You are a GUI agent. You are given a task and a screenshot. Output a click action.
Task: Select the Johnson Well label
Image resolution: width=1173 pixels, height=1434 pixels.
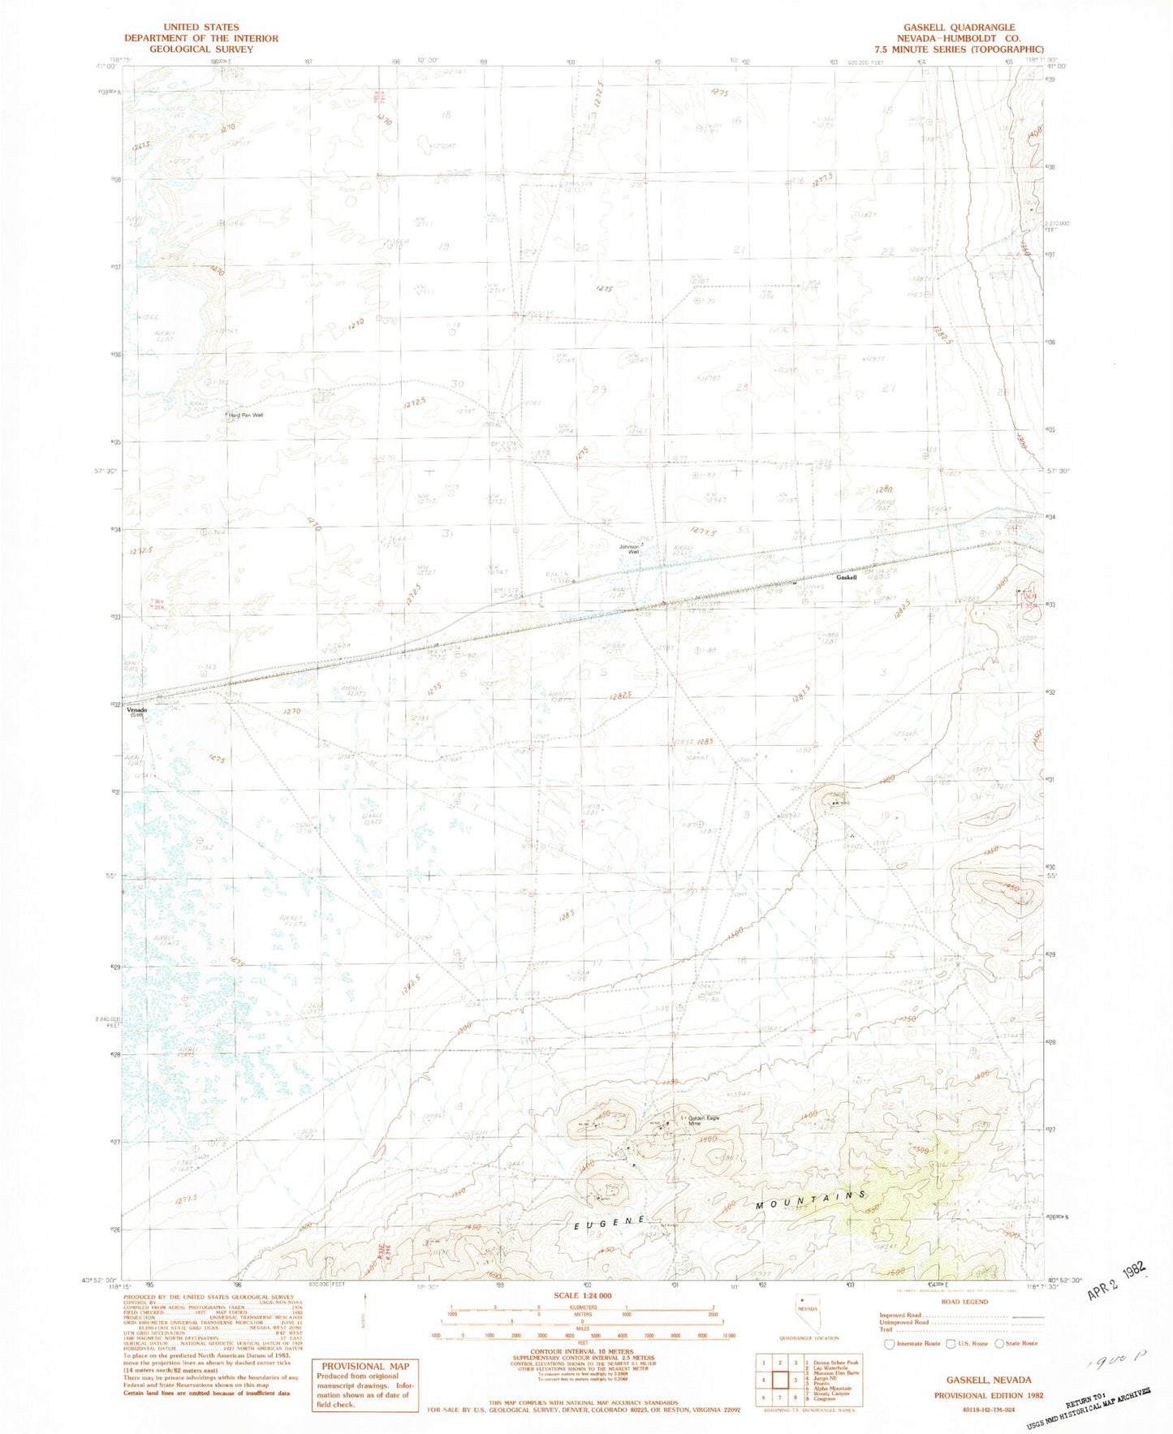630,549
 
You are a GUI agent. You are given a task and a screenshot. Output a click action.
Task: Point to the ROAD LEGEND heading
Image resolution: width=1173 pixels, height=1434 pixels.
964,1302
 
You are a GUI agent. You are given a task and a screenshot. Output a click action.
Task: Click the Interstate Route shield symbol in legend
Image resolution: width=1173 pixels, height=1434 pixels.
890,1343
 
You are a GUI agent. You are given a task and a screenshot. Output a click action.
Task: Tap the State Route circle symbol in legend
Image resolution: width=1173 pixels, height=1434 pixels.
999,1343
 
